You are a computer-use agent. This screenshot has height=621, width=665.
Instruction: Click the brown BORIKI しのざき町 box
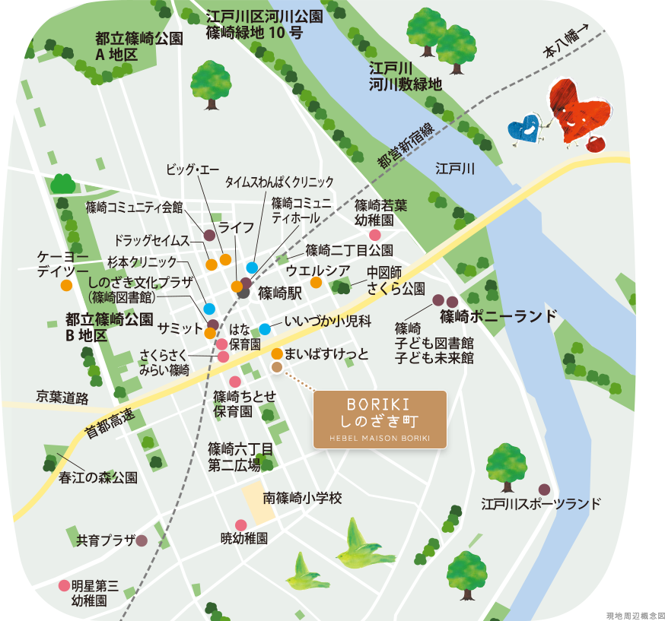tap(380, 419)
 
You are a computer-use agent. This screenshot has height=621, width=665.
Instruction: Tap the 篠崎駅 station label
tap(280, 291)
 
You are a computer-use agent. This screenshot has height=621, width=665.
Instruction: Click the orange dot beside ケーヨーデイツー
tap(66, 285)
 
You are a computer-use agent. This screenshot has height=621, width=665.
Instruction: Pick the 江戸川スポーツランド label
tap(541, 503)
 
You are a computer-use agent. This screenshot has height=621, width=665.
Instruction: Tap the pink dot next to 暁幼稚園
tap(240, 524)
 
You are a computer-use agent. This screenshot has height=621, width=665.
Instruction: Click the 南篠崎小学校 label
tap(303, 499)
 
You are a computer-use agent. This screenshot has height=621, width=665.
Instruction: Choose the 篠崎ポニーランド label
tap(498, 315)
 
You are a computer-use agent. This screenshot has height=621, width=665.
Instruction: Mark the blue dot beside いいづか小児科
tap(264, 329)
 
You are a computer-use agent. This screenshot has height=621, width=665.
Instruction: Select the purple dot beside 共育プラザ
tap(142, 540)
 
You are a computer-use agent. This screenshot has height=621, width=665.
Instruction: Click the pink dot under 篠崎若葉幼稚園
tap(374, 236)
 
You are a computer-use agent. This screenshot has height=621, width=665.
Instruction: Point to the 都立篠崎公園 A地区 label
tap(139, 46)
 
